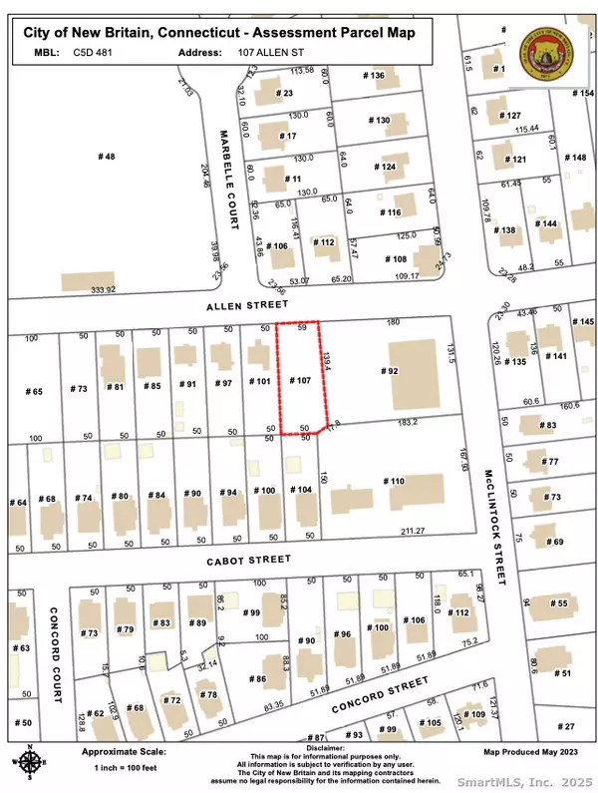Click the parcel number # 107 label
coord(300,380)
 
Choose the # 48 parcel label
coord(106,157)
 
